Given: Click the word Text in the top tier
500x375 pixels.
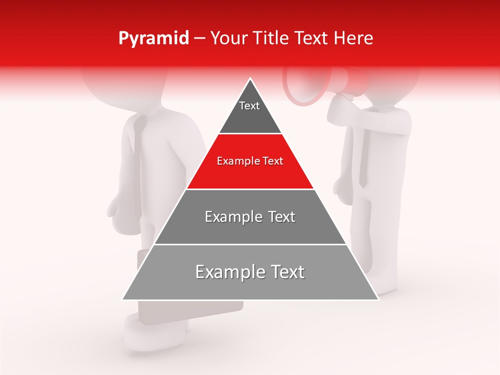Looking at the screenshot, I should click(249, 106).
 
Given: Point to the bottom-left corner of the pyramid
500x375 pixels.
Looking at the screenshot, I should click(123, 299).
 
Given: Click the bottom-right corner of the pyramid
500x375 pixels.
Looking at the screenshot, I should click(378, 299).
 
